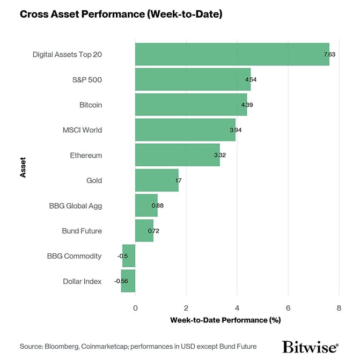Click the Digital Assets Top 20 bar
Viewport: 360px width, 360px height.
tap(232, 54)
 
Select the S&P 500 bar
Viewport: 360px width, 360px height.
tap(193, 79)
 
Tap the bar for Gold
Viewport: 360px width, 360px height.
tap(156, 180)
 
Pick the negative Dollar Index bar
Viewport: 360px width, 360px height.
tap(128, 281)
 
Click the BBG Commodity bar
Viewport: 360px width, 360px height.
tap(129, 256)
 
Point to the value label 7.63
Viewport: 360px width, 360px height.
tap(329, 55)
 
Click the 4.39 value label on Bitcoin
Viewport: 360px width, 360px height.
tap(247, 105)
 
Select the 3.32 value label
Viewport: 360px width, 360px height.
tap(219, 156)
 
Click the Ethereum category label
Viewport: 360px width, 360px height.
tap(86, 156)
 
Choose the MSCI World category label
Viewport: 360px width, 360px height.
tap(83, 130)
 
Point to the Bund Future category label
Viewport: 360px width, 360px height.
tap(82, 231)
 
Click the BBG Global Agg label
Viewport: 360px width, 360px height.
tap(75, 205)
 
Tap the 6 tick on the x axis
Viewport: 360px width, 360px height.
tap(288, 307)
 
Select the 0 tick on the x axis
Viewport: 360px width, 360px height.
tap(135, 307)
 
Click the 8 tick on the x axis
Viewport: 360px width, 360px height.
tap(339, 307)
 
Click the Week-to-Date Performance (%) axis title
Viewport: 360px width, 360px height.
tap(225, 320)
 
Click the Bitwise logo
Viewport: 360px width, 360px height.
tap(310, 346)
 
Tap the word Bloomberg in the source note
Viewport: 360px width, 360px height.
tap(62, 346)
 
